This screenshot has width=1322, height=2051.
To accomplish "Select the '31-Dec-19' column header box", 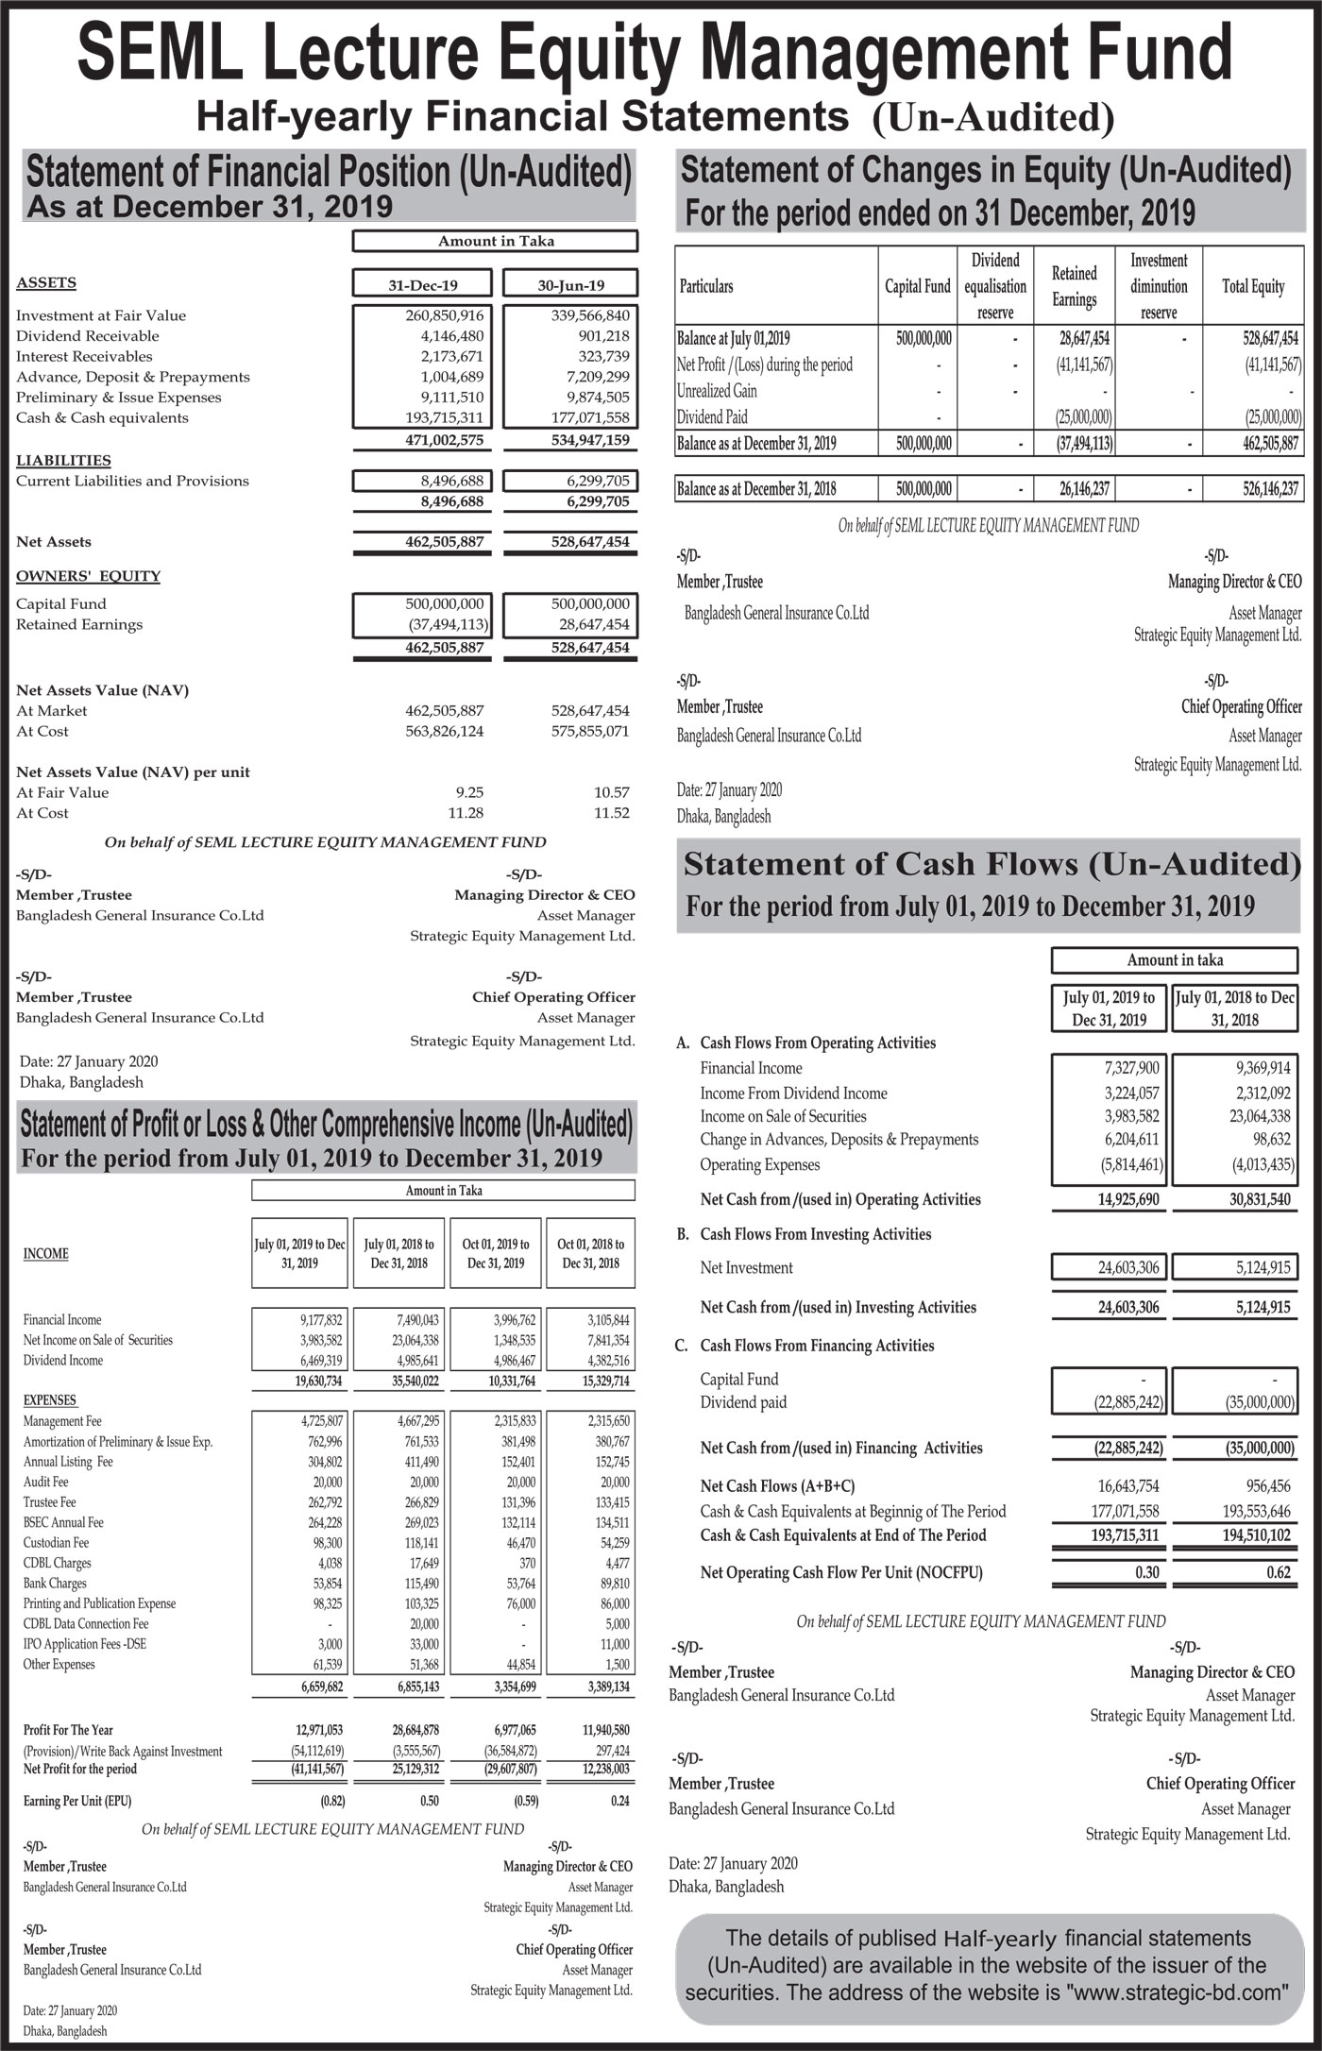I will click(x=422, y=285).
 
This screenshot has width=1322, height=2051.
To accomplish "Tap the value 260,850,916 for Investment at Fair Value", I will click(x=444, y=315).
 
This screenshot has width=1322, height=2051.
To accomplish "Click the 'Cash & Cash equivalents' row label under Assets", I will click(x=102, y=417).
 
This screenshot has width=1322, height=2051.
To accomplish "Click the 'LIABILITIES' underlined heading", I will click(x=63, y=460).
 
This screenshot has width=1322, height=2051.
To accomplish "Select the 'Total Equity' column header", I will click(x=1253, y=286).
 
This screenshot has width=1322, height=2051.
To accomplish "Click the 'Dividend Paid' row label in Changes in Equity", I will click(x=712, y=417).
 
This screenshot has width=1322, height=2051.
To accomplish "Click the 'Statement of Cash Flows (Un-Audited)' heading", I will click(x=991, y=864).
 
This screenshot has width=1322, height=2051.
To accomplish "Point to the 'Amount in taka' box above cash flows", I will click(x=1174, y=960).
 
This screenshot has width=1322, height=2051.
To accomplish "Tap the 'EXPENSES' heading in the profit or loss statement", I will click(x=51, y=1400).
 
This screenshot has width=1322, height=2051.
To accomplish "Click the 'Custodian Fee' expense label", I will click(x=57, y=1542).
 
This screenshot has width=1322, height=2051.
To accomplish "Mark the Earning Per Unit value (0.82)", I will click(x=331, y=1800).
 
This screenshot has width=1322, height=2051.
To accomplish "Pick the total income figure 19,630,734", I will click(x=318, y=1381).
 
